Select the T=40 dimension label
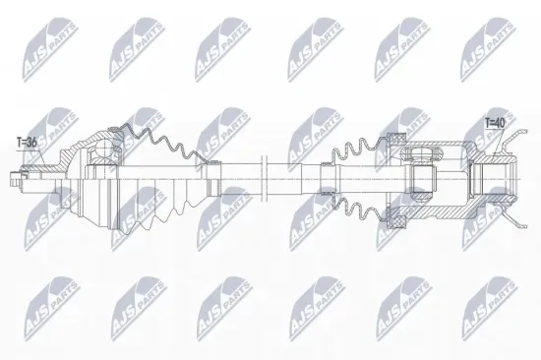click(x=495, y=123)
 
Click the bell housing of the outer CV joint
click(x=79, y=180)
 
